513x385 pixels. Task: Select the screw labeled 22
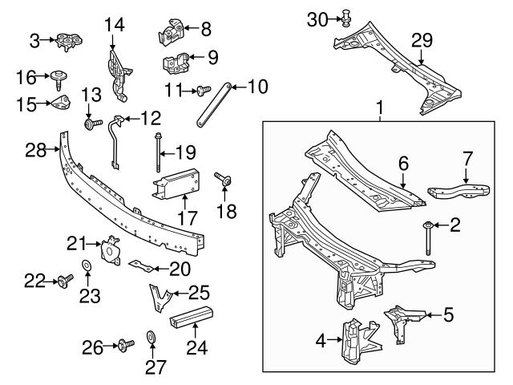coord(63,280)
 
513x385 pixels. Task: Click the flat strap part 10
coord(214,103)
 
